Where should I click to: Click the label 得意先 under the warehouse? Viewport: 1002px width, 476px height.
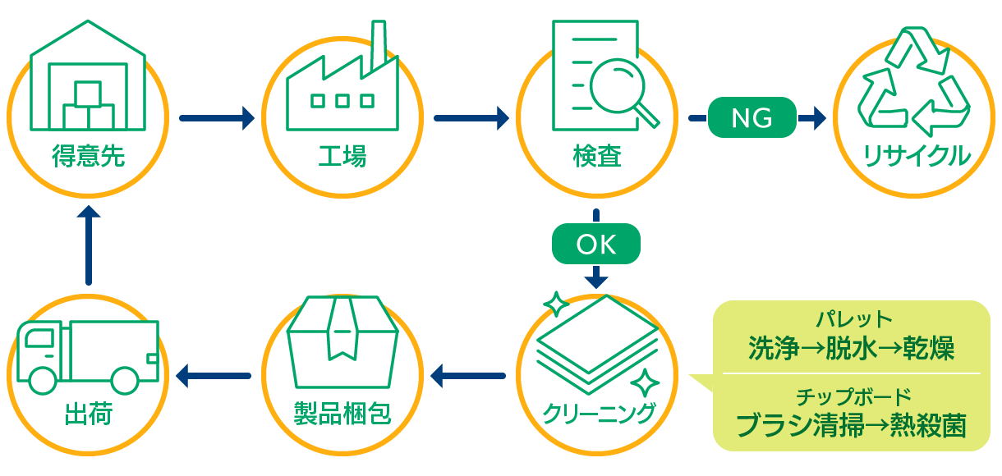click(x=88, y=156)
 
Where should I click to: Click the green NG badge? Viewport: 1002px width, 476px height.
click(x=751, y=118)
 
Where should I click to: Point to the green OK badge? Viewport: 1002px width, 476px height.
click(x=595, y=244)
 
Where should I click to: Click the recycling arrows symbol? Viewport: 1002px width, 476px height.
click(x=913, y=82)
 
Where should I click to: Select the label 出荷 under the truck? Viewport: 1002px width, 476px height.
click(x=88, y=413)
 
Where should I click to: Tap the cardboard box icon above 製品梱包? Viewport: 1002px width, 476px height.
click(x=342, y=336)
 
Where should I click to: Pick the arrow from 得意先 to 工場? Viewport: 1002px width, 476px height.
click(x=216, y=118)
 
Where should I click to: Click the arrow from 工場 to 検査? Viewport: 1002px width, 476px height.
click(x=471, y=118)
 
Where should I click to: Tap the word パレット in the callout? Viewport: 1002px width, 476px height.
click(x=851, y=319)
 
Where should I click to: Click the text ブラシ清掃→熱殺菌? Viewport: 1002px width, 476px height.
click(x=851, y=426)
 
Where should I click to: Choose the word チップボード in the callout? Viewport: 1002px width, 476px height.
click(x=851, y=396)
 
